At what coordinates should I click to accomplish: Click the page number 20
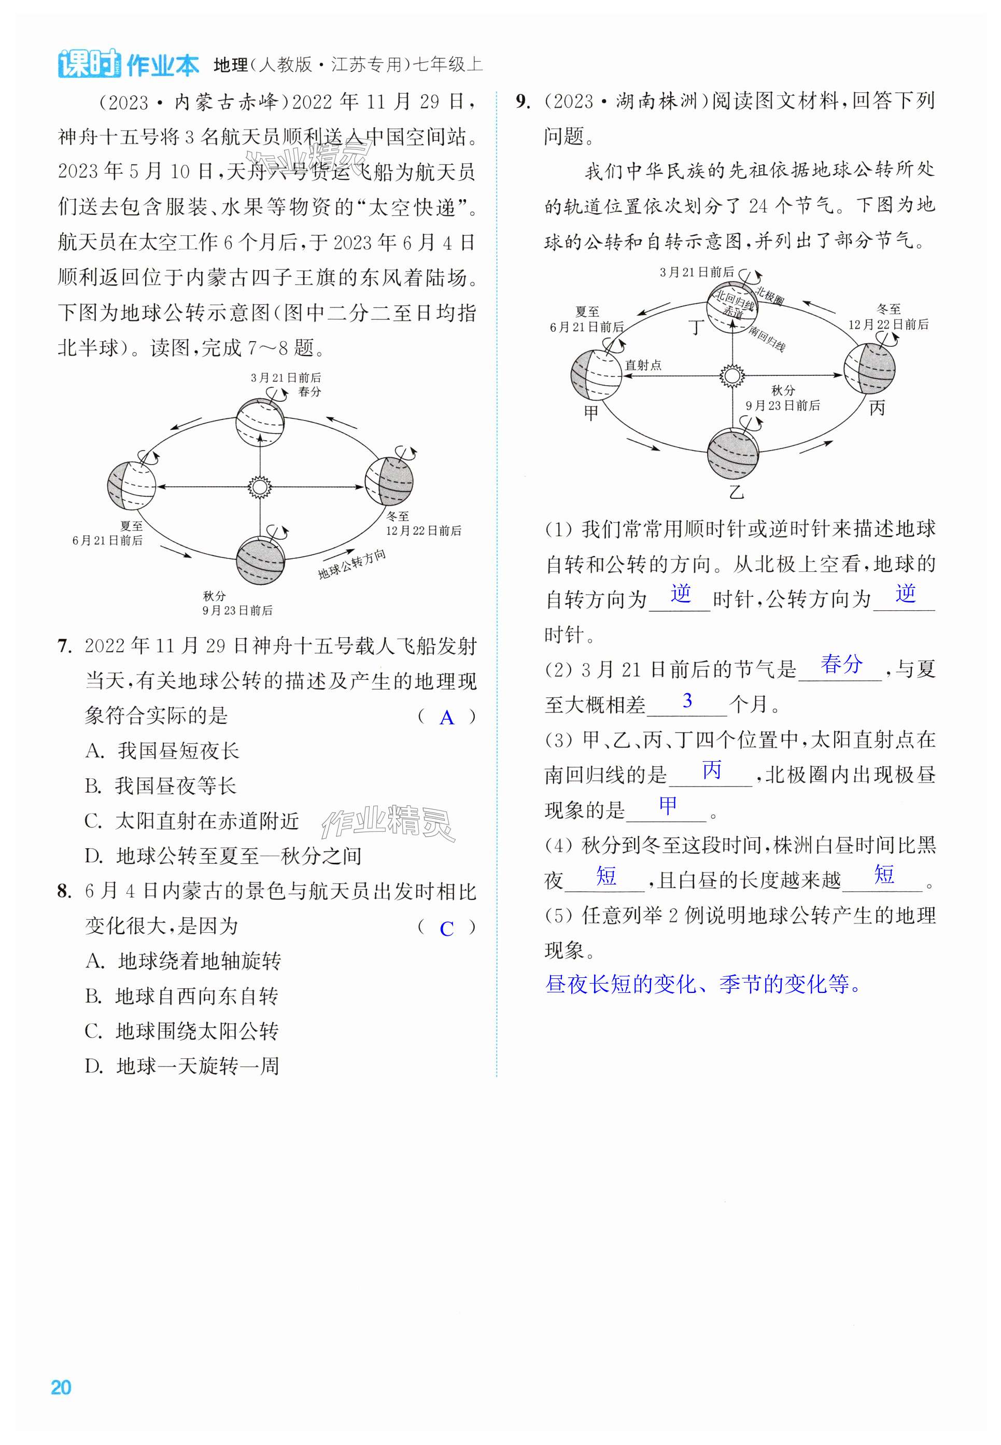[x=61, y=1387]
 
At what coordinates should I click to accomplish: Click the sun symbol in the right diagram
[x=731, y=376]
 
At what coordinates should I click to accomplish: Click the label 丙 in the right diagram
[x=877, y=408]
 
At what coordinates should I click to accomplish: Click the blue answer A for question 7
[x=446, y=718]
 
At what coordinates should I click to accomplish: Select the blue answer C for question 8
[x=446, y=929]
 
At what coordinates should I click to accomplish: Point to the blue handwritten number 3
[x=687, y=700]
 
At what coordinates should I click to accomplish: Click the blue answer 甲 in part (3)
[x=668, y=805]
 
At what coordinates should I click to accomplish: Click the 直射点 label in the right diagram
[x=643, y=365]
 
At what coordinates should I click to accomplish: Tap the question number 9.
[x=523, y=102]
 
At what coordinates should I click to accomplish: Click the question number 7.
[x=63, y=646]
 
